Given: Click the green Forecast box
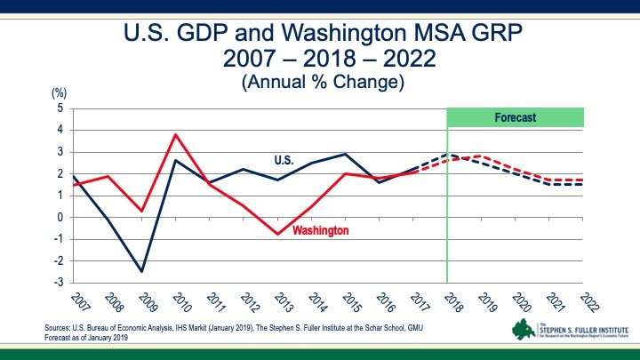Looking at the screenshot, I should click(x=515, y=117).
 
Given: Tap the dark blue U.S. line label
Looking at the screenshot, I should click(x=284, y=161).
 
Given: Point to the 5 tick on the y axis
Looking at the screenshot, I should click(x=60, y=108).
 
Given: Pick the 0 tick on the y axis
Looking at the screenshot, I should click(x=60, y=217).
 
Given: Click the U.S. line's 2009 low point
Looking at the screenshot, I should click(x=141, y=271).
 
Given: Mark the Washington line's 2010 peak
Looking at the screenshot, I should click(x=176, y=134).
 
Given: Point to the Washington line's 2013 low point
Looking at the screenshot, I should click(x=277, y=234).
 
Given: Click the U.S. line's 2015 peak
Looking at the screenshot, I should click(x=346, y=154).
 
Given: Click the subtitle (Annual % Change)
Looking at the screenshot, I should click(x=323, y=83).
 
